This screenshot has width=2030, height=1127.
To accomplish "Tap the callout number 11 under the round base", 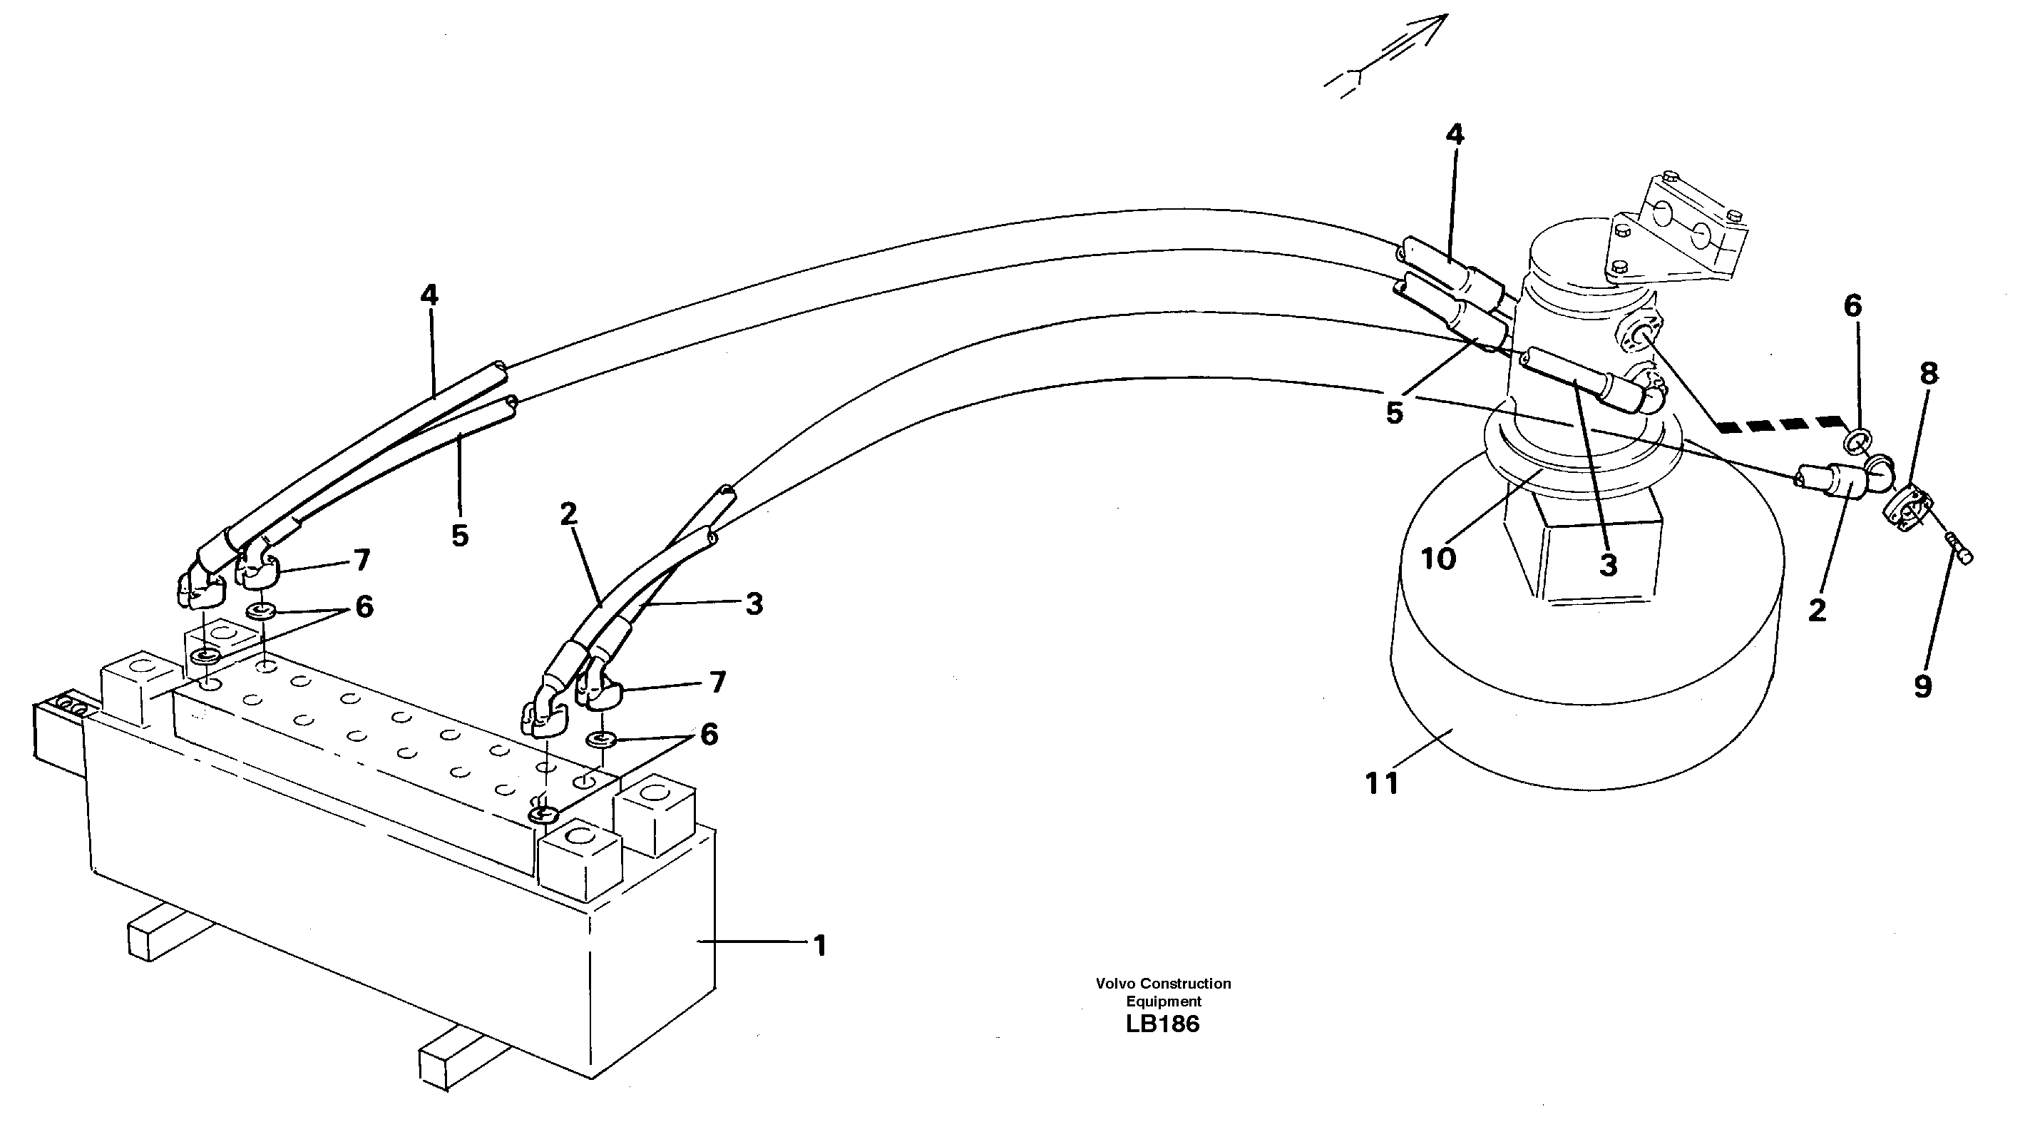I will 1380,783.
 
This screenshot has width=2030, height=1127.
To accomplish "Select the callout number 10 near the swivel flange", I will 1437,559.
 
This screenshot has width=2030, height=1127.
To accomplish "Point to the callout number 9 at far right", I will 1923,686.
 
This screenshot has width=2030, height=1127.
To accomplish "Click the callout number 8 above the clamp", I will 1928,374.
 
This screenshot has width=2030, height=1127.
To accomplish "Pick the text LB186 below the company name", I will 1162,1024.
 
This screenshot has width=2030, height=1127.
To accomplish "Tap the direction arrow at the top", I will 1387,55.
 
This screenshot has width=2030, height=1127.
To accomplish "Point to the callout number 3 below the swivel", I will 1608,565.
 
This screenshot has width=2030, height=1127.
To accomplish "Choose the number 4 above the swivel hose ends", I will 1455,135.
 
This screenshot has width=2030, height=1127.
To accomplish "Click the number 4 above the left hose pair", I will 429,295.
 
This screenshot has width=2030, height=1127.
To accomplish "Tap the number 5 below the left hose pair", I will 459,536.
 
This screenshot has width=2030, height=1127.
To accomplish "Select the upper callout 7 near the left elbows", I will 361,561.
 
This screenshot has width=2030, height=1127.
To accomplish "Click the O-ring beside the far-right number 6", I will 1855,439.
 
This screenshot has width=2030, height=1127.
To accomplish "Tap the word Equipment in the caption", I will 1163,1001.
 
